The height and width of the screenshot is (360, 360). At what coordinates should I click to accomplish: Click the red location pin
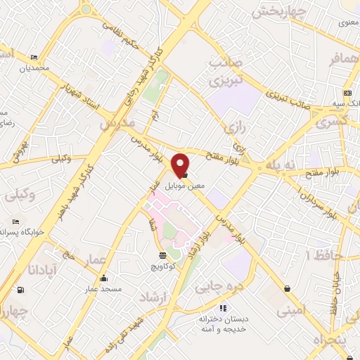[x=181, y=165]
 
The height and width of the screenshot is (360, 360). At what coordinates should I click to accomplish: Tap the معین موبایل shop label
[x=185, y=186]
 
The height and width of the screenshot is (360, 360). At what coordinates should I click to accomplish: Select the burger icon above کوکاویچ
[x=163, y=255]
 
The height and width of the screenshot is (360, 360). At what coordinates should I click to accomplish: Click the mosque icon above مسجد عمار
[x=104, y=277]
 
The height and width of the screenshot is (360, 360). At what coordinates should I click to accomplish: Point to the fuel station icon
[x=19, y=290]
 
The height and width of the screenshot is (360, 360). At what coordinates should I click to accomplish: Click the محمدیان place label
[x=35, y=68]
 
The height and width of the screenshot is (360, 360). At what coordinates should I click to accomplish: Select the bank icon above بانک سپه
[x=347, y=93]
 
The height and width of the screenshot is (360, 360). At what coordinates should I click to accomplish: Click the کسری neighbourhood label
[x=332, y=122]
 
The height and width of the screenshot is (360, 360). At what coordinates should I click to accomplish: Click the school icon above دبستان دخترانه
[x=223, y=307]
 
